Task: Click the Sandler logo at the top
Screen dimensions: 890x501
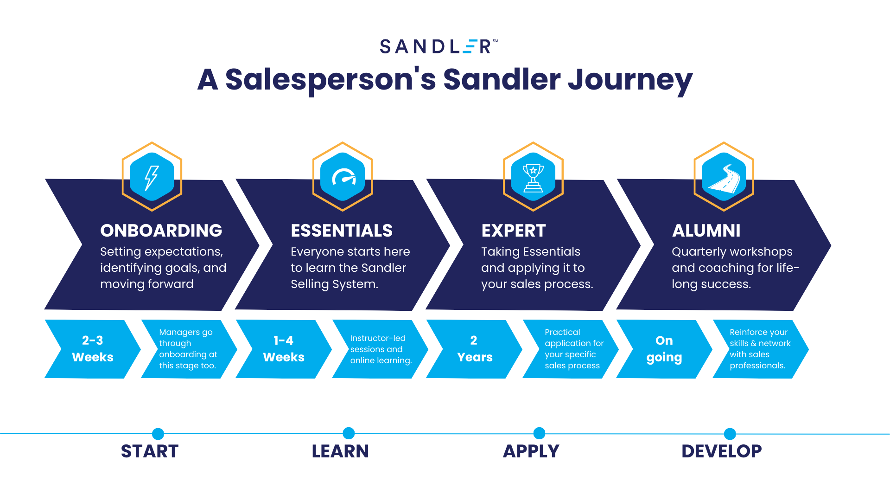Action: click(439, 46)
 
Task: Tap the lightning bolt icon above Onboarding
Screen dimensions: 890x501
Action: click(152, 178)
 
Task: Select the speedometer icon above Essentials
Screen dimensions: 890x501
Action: click(343, 177)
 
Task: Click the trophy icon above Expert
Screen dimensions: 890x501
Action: click(533, 178)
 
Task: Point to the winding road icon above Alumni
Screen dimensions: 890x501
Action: click(724, 178)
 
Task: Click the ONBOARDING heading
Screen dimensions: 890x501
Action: click(161, 231)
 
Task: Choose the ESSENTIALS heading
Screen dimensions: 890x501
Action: click(342, 231)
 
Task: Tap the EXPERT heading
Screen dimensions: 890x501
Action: click(514, 231)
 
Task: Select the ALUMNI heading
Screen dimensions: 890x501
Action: click(706, 231)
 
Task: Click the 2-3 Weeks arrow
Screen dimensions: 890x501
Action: click(93, 349)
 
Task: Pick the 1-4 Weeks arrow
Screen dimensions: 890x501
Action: click(284, 349)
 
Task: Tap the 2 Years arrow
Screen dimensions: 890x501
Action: click(474, 349)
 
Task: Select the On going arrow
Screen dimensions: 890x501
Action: click(664, 349)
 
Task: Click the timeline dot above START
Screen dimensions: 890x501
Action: click(158, 434)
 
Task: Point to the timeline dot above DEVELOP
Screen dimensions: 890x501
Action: click(730, 434)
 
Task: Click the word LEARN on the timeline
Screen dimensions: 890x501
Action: click(340, 451)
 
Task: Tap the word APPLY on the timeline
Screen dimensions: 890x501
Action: click(531, 451)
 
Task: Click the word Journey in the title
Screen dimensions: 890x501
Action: click(630, 80)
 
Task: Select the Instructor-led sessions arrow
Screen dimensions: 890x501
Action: click(380, 349)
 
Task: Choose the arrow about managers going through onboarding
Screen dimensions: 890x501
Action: click(189, 349)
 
